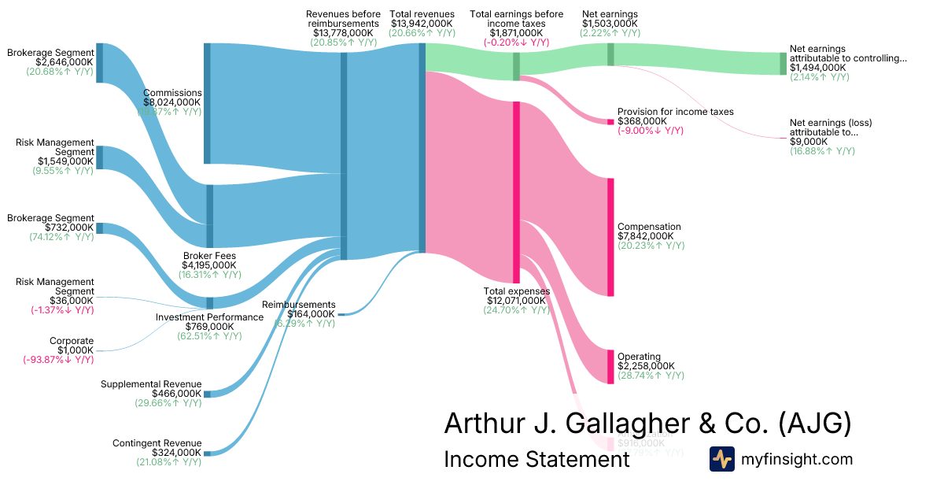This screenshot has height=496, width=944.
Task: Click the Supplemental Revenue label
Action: (x=151, y=384)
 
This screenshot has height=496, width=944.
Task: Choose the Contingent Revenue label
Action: (x=157, y=443)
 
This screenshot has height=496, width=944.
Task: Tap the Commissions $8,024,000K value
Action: (x=172, y=102)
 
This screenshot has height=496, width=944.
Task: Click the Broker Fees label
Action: (x=209, y=256)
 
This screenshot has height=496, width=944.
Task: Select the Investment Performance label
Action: (x=209, y=317)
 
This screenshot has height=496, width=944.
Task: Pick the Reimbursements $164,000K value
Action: (x=312, y=314)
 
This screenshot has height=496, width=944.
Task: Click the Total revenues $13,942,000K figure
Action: (x=422, y=24)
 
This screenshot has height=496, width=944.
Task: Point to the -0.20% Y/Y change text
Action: (x=516, y=43)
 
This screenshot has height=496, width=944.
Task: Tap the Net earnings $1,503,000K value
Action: (x=610, y=24)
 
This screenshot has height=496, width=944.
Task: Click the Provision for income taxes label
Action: (x=675, y=112)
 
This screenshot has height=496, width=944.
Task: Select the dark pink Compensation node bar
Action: (x=610, y=237)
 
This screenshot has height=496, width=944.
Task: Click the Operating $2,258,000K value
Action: (x=645, y=366)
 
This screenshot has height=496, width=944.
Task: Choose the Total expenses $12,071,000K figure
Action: (x=516, y=301)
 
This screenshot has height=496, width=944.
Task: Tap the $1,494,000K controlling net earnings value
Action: (x=818, y=68)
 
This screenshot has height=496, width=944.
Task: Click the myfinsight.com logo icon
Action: (x=722, y=459)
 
